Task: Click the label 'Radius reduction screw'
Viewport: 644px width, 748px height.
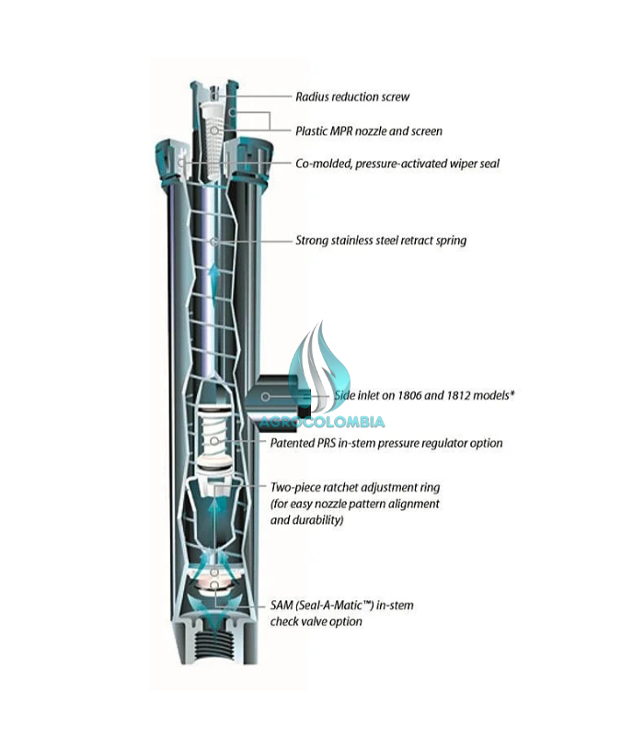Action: (x=352, y=96)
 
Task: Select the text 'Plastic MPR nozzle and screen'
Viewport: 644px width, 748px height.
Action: (x=368, y=131)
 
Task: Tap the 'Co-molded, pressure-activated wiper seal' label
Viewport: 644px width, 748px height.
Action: (x=397, y=164)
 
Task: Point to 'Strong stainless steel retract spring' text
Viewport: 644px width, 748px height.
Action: (x=381, y=241)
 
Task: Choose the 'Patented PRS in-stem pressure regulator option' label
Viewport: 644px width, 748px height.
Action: (x=386, y=443)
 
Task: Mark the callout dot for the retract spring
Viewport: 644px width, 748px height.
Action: (x=213, y=241)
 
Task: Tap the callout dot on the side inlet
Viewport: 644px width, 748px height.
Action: (x=265, y=396)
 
